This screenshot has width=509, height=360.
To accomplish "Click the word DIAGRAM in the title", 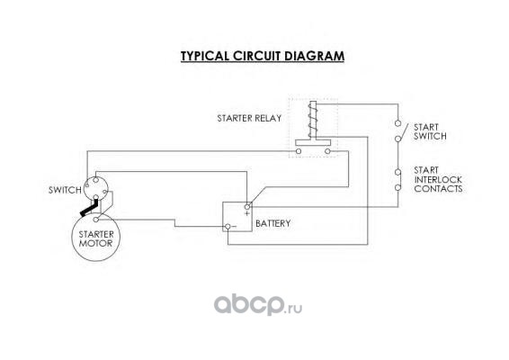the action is click(x=314, y=56).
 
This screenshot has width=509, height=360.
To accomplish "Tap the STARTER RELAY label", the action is click(x=249, y=118).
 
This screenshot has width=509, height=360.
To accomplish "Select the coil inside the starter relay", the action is click(x=313, y=121).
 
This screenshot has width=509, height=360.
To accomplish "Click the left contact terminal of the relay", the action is click(x=299, y=151).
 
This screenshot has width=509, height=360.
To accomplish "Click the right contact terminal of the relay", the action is click(x=327, y=151).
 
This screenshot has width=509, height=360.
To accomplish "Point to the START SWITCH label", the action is click(x=430, y=131).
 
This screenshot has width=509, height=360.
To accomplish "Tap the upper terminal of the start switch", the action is click(x=397, y=123).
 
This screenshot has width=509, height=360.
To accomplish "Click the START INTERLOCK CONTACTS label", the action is click(x=438, y=179).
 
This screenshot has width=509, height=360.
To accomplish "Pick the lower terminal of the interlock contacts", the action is click(x=397, y=187).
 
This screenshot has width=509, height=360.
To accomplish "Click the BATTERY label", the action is click(x=273, y=223).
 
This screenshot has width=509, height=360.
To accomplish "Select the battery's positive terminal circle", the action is click(x=247, y=207).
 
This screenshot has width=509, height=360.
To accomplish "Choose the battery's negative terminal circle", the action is click(x=228, y=227).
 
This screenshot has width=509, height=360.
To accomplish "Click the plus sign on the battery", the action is click(x=247, y=213).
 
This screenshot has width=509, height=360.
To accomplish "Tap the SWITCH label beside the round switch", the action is click(x=65, y=190).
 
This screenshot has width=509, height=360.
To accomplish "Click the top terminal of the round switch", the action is click(x=95, y=180).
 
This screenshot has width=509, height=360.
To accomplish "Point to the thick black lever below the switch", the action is click(x=89, y=208).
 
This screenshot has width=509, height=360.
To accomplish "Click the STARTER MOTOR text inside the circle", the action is click(x=96, y=238).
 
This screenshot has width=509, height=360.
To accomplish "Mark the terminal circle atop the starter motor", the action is click(x=95, y=220).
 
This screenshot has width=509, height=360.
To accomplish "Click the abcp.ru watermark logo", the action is click(x=258, y=304).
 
